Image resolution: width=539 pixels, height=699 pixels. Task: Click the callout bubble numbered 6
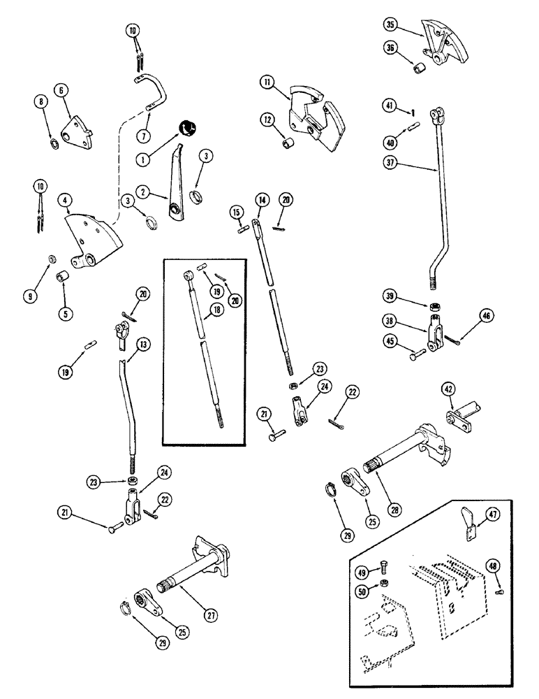(x=62, y=90)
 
